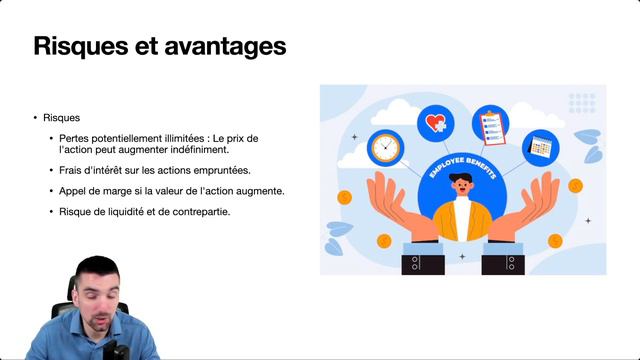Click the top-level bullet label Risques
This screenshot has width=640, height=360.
[62, 117]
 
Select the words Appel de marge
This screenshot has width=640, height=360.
[94, 190]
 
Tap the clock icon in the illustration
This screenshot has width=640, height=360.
[385, 147]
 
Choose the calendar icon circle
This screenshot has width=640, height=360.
[541, 146]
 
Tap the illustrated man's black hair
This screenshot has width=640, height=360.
[460, 179]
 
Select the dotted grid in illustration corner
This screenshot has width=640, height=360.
[581, 102]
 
